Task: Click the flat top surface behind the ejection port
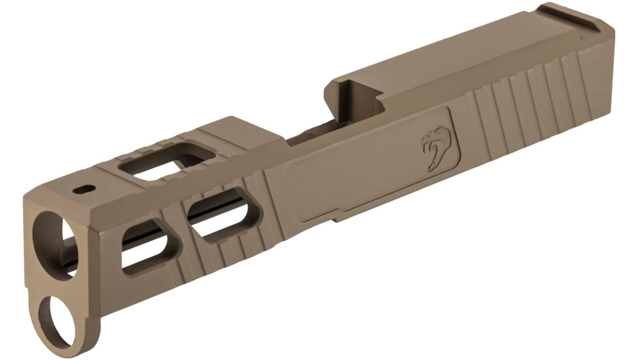tap(458, 59)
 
